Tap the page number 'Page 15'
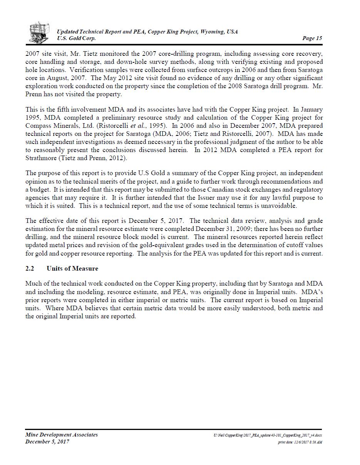coord(312,38)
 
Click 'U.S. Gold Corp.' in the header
coord(76,38)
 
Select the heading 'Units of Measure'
coord(72,268)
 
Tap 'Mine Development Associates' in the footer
coord(62,435)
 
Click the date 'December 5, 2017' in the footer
coord(47,442)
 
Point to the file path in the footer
coord(268,435)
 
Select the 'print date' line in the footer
coord(300,442)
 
